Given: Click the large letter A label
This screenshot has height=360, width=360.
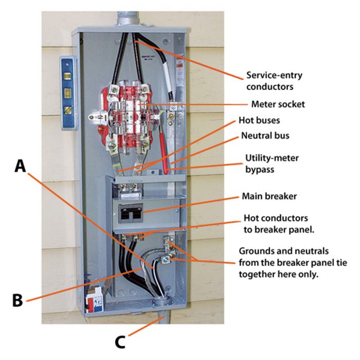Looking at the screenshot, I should coord(19,166).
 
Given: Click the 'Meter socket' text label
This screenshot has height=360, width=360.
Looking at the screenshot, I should coord(278,104).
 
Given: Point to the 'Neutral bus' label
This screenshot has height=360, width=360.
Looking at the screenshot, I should coord(268,137).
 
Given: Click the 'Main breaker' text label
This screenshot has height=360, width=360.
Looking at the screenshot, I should coord(267,196).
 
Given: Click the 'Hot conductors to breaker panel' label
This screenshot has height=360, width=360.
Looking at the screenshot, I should coord(281,223).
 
